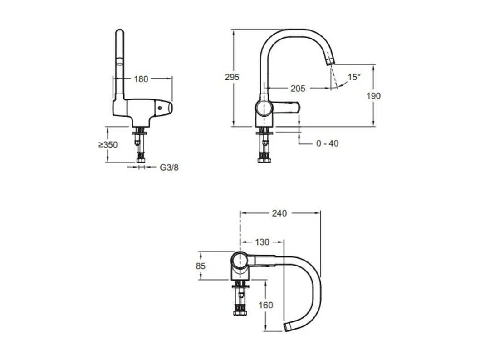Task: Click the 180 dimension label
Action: pyautogui.click(x=141, y=79)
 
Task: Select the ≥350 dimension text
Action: pyautogui.click(x=108, y=145)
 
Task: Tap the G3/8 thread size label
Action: pyautogui.click(x=169, y=168)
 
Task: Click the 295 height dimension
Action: pyautogui.click(x=232, y=77)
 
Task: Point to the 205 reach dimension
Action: pyautogui.click(x=298, y=89)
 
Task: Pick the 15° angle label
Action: pyautogui.click(x=354, y=77)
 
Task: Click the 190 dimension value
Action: pyautogui.click(x=373, y=96)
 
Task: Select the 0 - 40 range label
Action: pyautogui.click(x=327, y=143)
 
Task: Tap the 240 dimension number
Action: pyautogui.click(x=279, y=213)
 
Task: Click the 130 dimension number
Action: pyautogui.click(x=262, y=242)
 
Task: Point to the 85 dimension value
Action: pyautogui.click(x=201, y=266)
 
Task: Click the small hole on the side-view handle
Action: pyautogui.click(x=160, y=108)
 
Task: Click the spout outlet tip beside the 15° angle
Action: pyautogui.click(x=330, y=61)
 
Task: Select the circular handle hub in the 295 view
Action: pyautogui.click(x=264, y=109)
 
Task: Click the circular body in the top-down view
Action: pyautogui.click(x=240, y=261)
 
